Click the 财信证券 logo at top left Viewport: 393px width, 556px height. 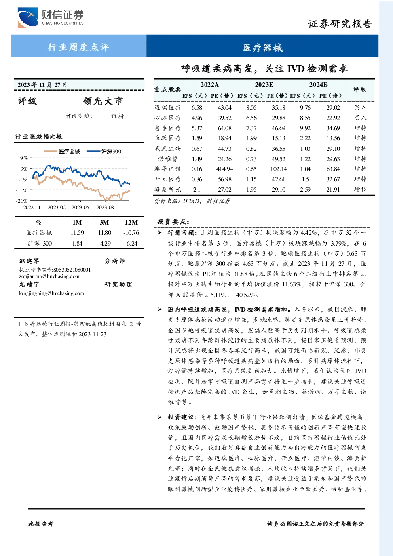pos(50,17)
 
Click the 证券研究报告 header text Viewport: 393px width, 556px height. pos(340,24)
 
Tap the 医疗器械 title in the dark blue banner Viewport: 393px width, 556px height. pos(263,48)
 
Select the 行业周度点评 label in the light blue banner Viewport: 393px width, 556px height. pos(78,47)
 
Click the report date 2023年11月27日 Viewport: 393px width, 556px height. pos(42,85)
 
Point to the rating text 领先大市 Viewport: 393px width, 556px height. pos(103,101)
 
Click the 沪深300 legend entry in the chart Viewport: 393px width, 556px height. pos(104,151)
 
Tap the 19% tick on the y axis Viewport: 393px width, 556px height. pos(23,158)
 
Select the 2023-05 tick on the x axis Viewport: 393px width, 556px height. pos(80,207)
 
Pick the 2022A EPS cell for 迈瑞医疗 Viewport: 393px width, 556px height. pos(197,107)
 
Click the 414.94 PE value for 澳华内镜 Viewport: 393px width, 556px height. pos(224,169)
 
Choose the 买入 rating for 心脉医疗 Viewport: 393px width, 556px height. pos(360,118)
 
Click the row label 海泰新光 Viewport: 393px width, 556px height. pos(168,189)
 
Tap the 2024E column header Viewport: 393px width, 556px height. pos(318,85)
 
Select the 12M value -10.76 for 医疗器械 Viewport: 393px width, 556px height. pos(131,233)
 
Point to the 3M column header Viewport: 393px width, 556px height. pos(104,223)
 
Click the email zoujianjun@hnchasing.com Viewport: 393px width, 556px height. pos(49,276)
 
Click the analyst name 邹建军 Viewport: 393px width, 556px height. pos(29,261)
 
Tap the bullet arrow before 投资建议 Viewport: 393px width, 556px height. pos(159,417)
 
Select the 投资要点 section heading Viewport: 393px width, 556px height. pos(173,222)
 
